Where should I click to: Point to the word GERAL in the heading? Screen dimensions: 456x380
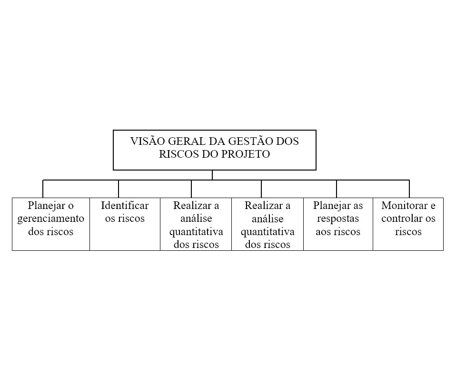click(187, 141)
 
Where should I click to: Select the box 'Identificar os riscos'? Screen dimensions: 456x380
click(125, 224)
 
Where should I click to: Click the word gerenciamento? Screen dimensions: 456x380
click(50, 218)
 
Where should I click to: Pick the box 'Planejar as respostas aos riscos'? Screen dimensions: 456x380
click(338, 224)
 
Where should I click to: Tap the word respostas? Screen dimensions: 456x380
click(338, 219)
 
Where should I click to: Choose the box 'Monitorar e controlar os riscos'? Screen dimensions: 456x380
click(408, 224)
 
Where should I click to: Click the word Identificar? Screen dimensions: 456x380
click(125, 206)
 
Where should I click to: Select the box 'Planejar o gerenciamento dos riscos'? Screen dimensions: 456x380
click(51, 224)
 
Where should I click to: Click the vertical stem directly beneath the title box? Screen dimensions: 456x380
click(212, 175)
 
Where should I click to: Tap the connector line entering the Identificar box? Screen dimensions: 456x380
click(119, 189)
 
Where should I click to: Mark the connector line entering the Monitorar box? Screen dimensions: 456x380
click(409, 189)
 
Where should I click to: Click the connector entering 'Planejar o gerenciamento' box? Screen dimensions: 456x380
click(43, 189)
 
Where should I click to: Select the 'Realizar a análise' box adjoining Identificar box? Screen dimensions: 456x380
click(196, 224)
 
